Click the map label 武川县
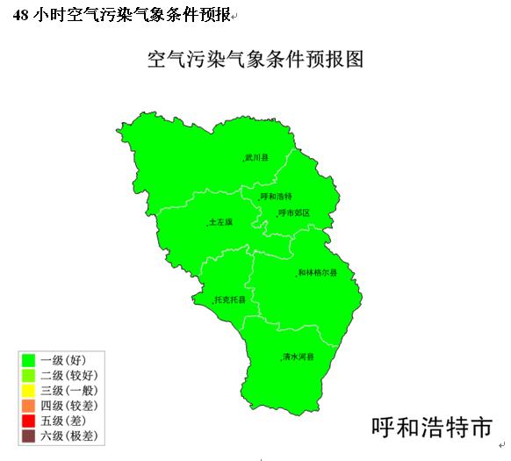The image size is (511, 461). pyautogui.click(x=257, y=158)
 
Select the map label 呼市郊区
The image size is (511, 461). pyautogui.click(x=293, y=212)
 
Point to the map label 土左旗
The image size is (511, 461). pyautogui.click(x=220, y=222)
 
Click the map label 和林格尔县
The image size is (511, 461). pyautogui.click(x=317, y=273)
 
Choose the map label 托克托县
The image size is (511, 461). pyautogui.click(x=230, y=299)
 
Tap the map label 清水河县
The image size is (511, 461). pyautogui.click(x=299, y=357)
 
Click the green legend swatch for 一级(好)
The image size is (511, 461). pyautogui.click(x=28, y=359)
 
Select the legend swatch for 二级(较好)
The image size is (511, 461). pyautogui.click(x=28, y=375)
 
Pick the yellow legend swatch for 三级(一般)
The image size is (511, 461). pyautogui.click(x=28, y=390)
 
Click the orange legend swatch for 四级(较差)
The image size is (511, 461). pyautogui.click(x=28, y=405)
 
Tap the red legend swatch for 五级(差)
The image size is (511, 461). pyautogui.click(x=28, y=421)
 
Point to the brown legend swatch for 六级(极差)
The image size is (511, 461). pyautogui.click(x=28, y=436)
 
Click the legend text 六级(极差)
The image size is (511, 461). pyautogui.click(x=69, y=436)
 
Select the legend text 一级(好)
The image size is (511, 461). pyautogui.click(x=62, y=359)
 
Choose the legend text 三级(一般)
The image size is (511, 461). pyautogui.click(x=69, y=390)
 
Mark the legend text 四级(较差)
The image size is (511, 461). pyautogui.click(x=69, y=405)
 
